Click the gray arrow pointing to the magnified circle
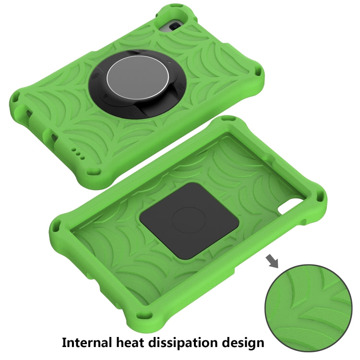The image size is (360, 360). coord(272,261)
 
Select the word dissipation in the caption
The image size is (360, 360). coord(198,342)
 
